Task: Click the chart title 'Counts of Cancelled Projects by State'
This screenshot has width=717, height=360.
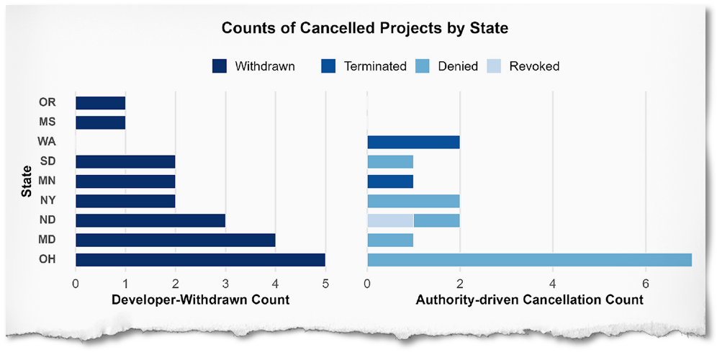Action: tap(364, 29)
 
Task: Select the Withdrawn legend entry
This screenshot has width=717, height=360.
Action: tap(253, 66)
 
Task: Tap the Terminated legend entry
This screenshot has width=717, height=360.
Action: tap(365, 66)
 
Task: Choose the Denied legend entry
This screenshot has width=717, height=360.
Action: tap(447, 66)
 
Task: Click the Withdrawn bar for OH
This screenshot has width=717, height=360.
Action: tap(200, 260)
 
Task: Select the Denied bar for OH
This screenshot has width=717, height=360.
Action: tap(529, 260)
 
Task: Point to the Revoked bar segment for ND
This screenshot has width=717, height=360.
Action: tap(390, 220)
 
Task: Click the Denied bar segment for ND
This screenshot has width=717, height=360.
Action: tap(436, 220)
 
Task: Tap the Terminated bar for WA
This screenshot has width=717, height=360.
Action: tap(413, 143)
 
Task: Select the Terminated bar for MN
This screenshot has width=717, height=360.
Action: tap(390, 181)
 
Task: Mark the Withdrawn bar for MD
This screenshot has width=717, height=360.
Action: tap(175, 240)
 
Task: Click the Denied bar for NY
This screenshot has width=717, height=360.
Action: tap(413, 201)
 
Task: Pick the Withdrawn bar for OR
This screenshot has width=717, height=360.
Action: tap(100, 103)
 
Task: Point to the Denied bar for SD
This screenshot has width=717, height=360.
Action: tap(390, 162)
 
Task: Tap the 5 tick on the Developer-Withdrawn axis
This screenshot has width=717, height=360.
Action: tap(325, 283)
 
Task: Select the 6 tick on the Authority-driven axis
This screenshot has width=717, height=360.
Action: tap(645, 283)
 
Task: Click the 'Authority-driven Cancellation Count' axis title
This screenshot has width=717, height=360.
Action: tap(529, 300)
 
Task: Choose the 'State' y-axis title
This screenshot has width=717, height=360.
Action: tap(27, 181)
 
